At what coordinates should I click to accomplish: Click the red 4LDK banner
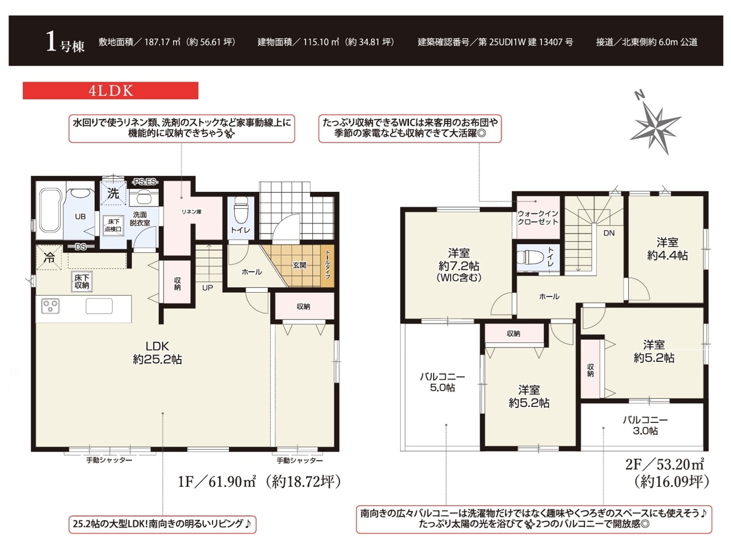(x=110, y=91)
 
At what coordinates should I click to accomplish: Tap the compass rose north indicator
(x=640, y=95)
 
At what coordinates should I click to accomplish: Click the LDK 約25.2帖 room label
(x=157, y=353)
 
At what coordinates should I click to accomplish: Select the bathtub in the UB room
(x=49, y=210)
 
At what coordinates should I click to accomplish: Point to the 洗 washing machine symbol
(x=113, y=193)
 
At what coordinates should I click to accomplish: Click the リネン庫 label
(x=191, y=212)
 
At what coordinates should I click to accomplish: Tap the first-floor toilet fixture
(x=240, y=210)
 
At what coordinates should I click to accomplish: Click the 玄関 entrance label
(x=299, y=265)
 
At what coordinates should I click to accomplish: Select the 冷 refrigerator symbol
(x=49, y=257)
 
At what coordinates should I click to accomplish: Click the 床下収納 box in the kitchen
(x=82, y=281)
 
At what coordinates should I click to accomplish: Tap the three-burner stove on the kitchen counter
(x=50, y=306)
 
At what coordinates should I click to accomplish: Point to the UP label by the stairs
(x=207, y=288)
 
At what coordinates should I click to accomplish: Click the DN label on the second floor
(x=609, y=233)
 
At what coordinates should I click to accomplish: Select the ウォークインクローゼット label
(x=537, y=217)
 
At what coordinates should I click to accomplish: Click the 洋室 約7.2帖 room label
(x=459, y=265)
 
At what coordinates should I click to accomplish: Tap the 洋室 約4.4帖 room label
(x=668, y=249)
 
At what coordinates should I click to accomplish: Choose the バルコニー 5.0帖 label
(x=442, y=382)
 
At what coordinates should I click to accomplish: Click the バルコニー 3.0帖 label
(x=645, y=425)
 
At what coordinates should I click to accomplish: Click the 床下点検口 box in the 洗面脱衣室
(x=113, y=226)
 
